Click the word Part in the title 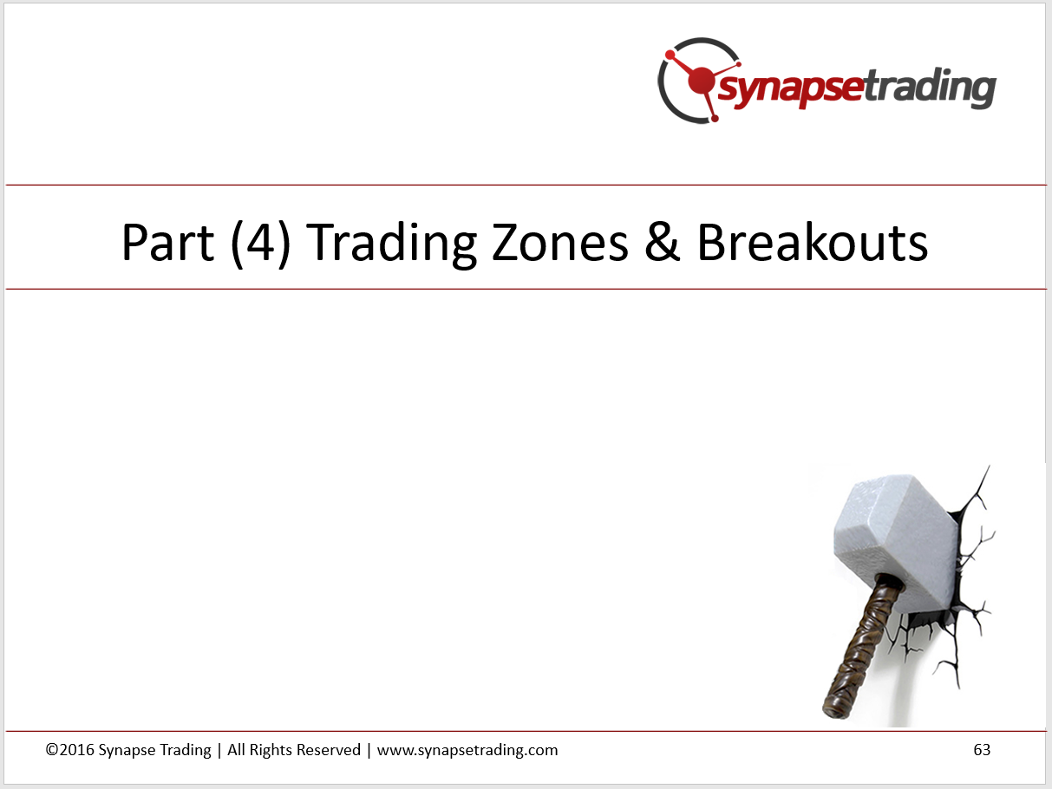[x=167, y=243]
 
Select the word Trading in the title [x=391, y=245]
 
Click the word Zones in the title [x=559, y=243]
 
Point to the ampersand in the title [x=662, y=243]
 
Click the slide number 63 [x=982, y=749]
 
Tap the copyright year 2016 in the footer [x=76, y=750]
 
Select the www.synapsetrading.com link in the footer [x=467, y=750]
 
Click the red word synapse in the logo [x=791, y=88]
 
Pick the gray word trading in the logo [x=931, y=88]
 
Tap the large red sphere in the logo [x=702, y=81]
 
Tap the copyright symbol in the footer [x=52, y=750]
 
